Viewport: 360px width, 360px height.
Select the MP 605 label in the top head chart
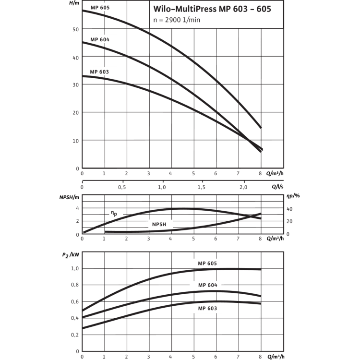100,8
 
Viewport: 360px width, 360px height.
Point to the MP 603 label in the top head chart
100,72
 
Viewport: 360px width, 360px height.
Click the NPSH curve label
156,224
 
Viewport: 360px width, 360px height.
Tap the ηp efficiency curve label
113,211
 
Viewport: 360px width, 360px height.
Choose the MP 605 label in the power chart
207,263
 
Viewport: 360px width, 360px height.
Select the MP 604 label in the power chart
207,285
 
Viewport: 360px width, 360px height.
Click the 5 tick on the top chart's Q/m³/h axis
193,173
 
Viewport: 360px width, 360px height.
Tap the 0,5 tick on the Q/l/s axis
122,187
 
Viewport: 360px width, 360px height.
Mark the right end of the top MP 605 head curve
261,128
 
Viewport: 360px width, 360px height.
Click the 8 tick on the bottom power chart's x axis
260,356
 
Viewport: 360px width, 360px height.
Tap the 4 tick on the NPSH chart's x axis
171,239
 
